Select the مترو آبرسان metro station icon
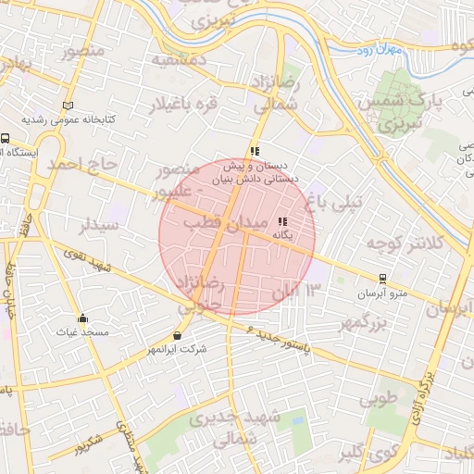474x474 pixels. coord(382,278)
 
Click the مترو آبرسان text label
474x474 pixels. coord(381,293)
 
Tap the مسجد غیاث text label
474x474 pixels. coord(81,331)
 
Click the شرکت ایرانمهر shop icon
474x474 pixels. coord(177,335)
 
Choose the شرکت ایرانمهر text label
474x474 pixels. coord(176,350)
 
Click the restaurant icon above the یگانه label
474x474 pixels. coord(281,221)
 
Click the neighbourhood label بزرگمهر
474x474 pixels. coord(361,323)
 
